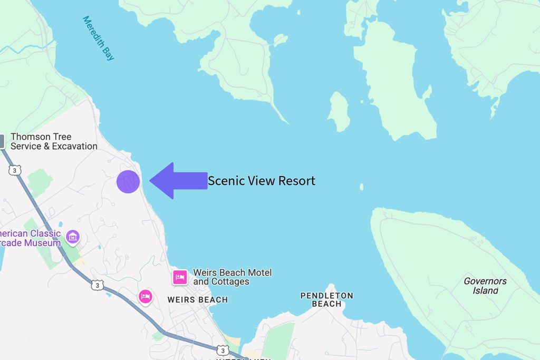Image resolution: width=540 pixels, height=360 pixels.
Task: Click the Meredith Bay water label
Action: (99, 38)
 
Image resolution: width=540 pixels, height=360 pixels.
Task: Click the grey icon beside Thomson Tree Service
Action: (2, 141)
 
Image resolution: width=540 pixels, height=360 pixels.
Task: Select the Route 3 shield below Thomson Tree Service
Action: (15, 170)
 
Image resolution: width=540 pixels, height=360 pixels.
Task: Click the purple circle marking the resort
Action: (128, 182)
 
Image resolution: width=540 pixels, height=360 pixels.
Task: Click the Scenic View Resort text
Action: (261, 181)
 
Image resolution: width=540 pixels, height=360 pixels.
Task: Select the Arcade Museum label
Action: (30, 238)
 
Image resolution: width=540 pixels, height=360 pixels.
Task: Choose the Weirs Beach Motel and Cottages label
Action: (233, 277)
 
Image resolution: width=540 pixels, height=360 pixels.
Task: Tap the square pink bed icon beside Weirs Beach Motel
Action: (180, 277)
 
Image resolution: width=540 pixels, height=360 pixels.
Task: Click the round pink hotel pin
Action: (146, 297)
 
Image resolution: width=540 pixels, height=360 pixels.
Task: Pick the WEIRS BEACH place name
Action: (197, 300)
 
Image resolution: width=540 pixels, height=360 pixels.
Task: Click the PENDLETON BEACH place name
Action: (326, 299)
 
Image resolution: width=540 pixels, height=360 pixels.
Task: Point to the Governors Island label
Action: (485, 286)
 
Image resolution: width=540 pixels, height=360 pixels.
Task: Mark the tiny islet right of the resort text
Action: (361, 187)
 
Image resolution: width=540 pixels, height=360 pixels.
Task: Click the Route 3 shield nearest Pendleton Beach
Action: (222, 350)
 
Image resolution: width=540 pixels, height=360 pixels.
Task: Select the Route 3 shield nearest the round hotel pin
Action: (97, 285)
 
